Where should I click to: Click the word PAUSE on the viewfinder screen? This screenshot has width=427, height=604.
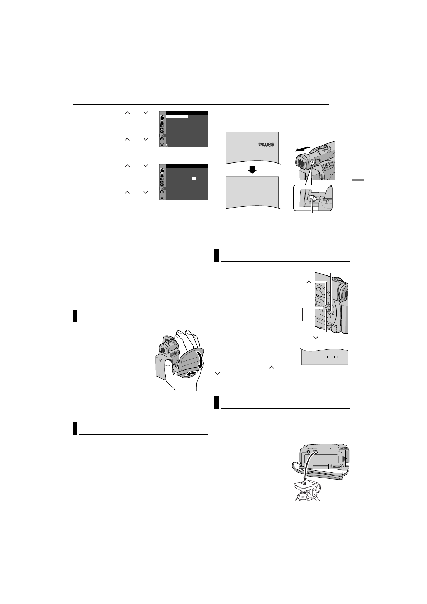(266, 145)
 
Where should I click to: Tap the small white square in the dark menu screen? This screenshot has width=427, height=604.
(194, 178)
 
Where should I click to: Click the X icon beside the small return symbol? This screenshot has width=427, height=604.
(162, 145)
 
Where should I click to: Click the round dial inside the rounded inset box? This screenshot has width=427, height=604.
(312, 198)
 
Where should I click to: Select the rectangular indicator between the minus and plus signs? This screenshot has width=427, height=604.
(331, 358)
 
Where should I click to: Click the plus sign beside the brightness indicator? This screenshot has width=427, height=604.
(338, 358)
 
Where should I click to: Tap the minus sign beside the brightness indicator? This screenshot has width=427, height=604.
(325, 358)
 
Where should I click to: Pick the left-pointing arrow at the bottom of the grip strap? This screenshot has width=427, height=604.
(190, 374)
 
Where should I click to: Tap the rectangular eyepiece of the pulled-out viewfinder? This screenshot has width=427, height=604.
(302, 164)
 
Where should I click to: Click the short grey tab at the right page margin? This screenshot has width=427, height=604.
(357, 180)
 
